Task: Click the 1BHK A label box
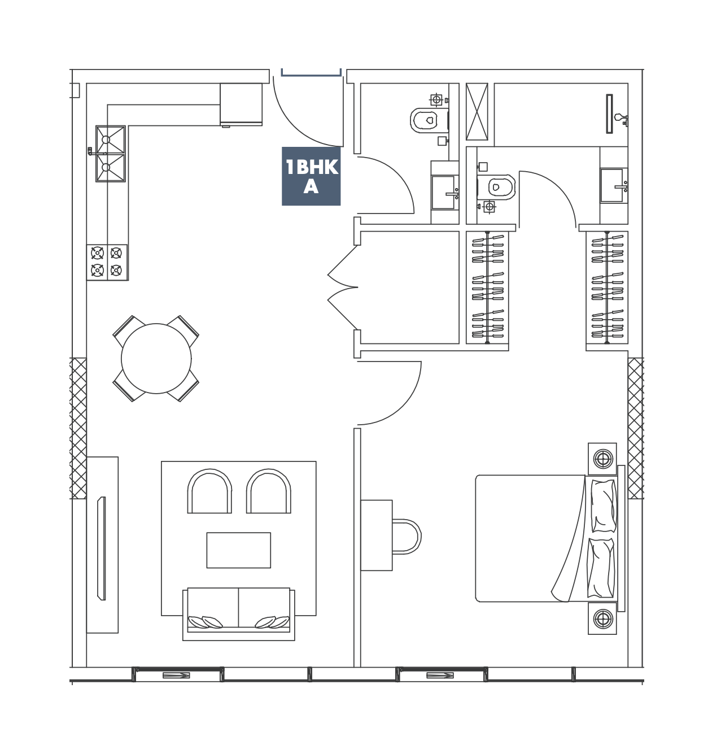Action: [x=311, y=176]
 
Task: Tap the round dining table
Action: [x=156, y=358]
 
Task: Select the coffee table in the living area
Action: [x=238, y=550]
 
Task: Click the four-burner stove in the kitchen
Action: [x=107, y=262]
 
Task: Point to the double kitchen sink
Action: [x=110, y=154]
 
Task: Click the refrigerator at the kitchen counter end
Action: [x=241, y=104]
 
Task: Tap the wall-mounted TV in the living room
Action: [x=102, y=548]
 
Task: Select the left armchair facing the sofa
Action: [x=209, y=491]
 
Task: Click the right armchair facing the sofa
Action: [x=268, y=491]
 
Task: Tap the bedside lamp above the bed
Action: [x=602, y=459]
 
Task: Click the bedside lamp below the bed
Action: [x=602, y=618]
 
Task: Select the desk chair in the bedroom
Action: [x=407, y=537]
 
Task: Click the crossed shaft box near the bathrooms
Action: [x=477, y=112]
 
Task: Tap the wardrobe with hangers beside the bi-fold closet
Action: [x=487, y=287]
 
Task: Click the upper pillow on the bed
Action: [x=604, y=506]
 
